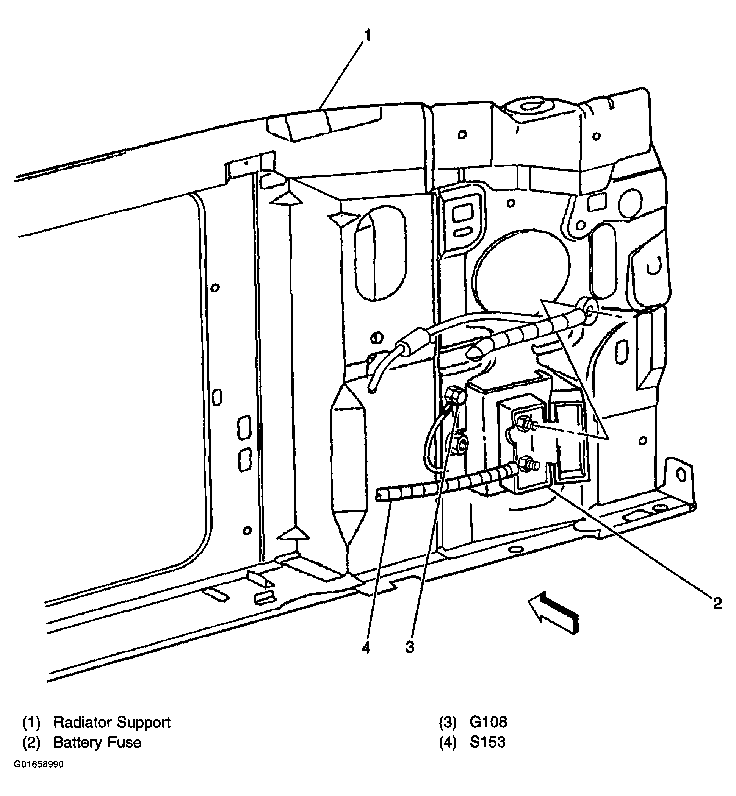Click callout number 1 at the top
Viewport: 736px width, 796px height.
pos(368,36)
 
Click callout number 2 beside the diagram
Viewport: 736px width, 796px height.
pos(717,604)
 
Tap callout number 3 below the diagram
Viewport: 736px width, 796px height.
pos(410,648)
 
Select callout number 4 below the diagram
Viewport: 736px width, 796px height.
pos(366,648)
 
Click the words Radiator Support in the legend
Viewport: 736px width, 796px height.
pos(111,723)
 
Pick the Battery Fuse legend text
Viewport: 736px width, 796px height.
pos(97,742)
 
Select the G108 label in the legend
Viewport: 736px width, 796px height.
pos(488,723)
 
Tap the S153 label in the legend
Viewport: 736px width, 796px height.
pos(487,742)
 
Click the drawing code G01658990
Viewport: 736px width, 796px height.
pos(39,765)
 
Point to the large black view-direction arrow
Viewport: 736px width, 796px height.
pos(554,615)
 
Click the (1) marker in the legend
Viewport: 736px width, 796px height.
pos(31,723)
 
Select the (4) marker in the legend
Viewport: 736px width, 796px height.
pos(448,742)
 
